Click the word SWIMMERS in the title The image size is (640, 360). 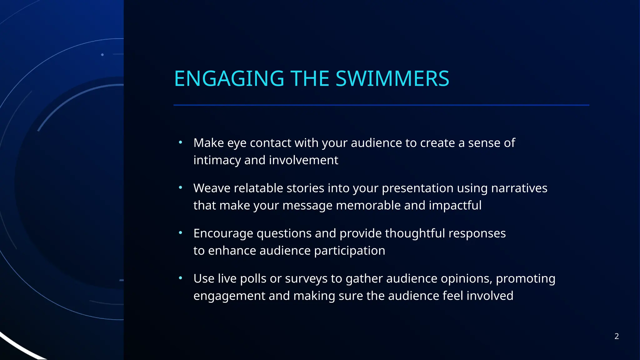point(392,78)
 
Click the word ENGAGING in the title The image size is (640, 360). point(229,78)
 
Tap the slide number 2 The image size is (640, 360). point(617,336)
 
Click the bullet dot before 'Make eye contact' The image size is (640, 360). point(180,142)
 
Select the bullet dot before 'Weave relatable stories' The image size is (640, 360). point(180,188)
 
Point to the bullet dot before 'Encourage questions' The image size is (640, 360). point(180,233)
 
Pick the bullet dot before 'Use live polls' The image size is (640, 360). point(180,278)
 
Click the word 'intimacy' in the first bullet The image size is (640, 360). point(217,160)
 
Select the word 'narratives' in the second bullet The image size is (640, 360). point(519,188)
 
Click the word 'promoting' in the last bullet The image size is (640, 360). point(526,279)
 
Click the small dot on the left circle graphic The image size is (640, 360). point(102,55)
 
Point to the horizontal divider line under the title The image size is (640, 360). point(381,105)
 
